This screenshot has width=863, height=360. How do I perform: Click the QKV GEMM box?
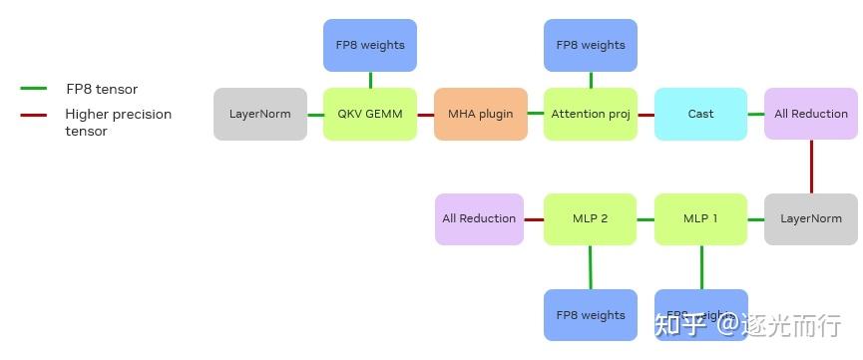click(370, 114)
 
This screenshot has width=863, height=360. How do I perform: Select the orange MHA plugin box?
click(480, 114)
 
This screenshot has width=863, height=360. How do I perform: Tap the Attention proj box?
click(591, 114)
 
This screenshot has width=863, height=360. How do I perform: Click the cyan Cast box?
click(700, 114)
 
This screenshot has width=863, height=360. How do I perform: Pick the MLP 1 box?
click(700, 218)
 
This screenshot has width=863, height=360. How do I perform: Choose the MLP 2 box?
click(590, 218)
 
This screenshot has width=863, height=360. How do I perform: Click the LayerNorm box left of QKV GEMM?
click(260, 114)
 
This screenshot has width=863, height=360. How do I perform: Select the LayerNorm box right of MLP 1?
click(811, 218)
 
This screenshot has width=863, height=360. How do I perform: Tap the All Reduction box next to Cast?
click(811, 114)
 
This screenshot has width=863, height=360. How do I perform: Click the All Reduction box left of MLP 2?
click(479, 218)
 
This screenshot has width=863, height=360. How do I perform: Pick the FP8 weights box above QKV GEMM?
click(370, 45)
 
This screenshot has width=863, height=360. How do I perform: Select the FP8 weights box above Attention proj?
click(591, 45)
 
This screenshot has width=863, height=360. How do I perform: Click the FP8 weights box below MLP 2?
click(590, 315)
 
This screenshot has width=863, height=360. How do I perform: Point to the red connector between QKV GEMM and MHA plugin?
click(425, 115)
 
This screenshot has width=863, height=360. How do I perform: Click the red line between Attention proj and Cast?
click(646, 115)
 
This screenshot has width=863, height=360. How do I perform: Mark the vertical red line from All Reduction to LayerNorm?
click(811, 167)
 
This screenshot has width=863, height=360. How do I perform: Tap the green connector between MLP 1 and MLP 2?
click(646, 219)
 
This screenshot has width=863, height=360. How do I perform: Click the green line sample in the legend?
click(34, 89)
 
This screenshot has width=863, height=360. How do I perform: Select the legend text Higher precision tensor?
click(118, 123)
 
